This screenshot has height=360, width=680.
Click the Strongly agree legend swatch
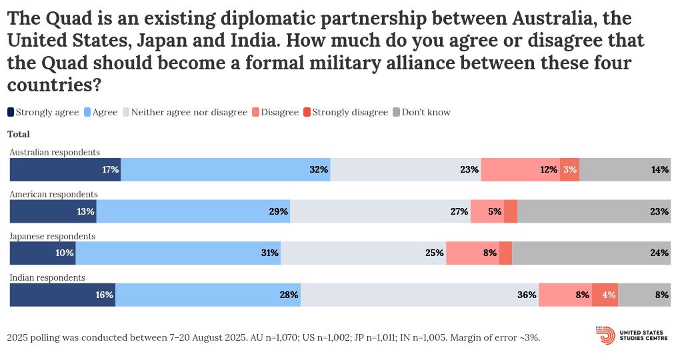tap(11, 112)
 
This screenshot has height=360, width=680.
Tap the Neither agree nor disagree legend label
tap(189, 112)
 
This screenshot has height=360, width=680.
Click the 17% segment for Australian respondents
tap(65, 169)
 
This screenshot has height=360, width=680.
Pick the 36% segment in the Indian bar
tap(419, 295)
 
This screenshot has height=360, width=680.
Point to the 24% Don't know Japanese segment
tap(591, 253)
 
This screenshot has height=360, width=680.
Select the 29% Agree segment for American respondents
tap(193, 211)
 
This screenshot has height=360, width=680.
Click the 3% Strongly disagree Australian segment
tap(569, 169)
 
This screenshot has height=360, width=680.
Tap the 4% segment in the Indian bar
tap(605, 295)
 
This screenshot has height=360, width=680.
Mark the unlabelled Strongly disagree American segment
tap(511, 211)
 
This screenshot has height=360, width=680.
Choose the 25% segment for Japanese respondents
tap(363, 253)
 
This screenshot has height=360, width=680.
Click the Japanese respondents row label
tap(52, 236)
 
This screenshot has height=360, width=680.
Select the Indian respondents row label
tap(47, 277)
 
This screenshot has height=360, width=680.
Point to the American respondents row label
tap(53, 194)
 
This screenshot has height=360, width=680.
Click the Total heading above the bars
tap(19, 134)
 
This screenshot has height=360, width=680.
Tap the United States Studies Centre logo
tap(633, 335)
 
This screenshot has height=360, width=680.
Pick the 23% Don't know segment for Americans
tap(593, 211)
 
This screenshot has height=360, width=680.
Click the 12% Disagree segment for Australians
tap(520, 169)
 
